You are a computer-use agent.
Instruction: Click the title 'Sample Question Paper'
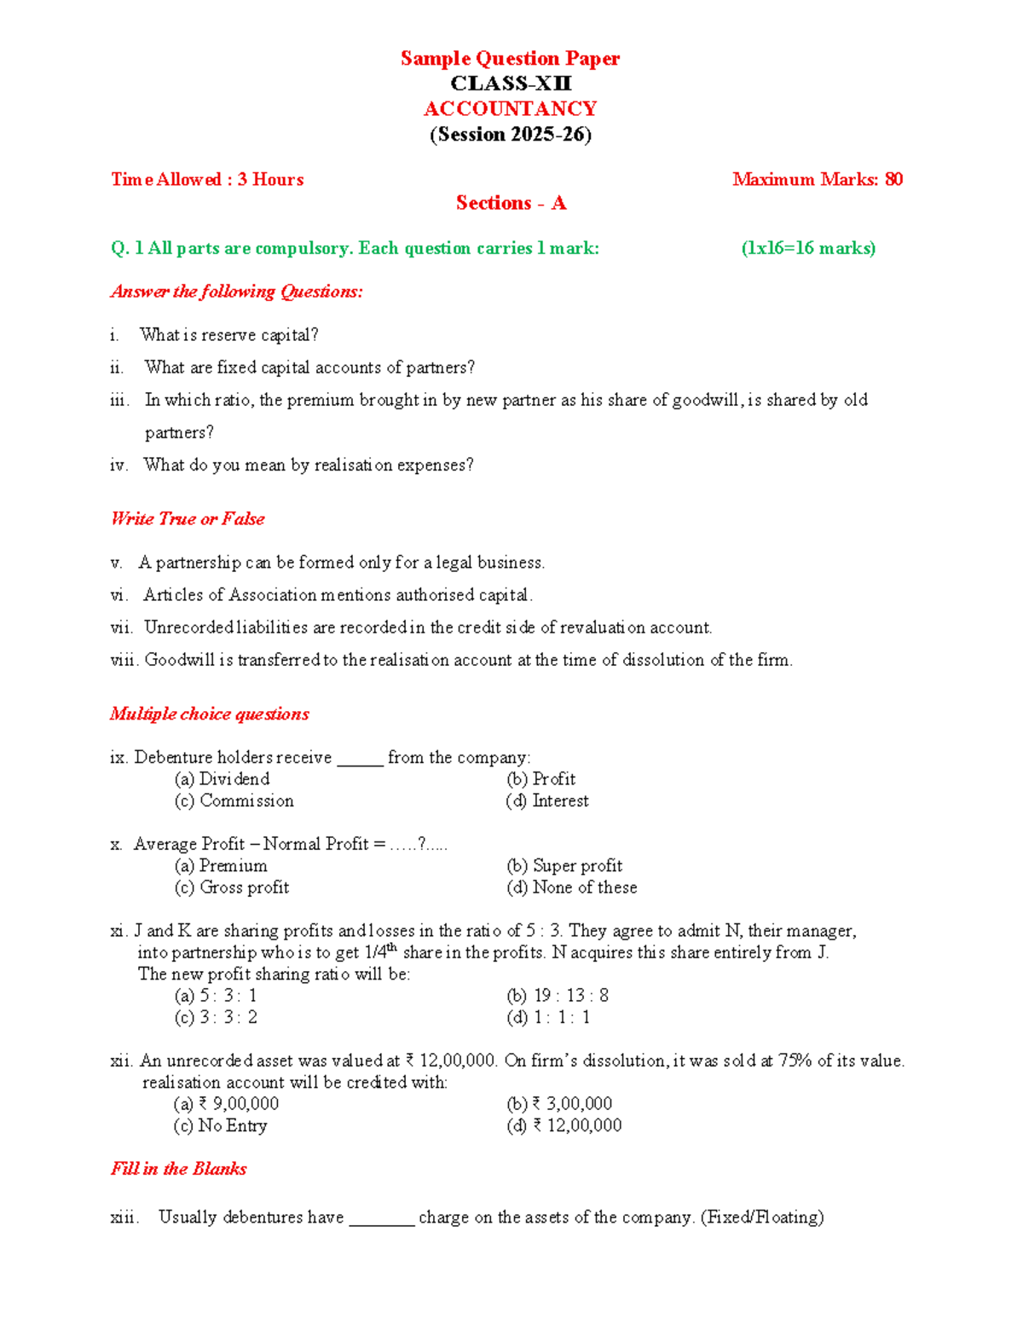point(510,58)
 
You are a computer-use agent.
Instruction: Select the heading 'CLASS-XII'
point(511,84)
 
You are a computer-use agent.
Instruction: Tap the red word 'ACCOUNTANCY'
point(511,109)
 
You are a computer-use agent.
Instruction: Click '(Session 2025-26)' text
point(511,135)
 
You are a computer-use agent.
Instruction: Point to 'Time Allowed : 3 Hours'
point(207,179)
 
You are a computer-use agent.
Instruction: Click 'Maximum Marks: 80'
point(817,179)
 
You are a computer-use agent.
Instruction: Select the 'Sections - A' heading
point(511,203)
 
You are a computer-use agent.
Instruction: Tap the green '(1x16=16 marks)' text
point(808,248)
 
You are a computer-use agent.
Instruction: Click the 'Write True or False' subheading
point(188,518)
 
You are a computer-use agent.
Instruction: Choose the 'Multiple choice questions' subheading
point(210,714)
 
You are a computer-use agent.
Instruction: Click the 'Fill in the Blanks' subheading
point(179,1168)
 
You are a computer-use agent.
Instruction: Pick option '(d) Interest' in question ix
point(547,801)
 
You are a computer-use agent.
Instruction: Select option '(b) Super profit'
point(564,865)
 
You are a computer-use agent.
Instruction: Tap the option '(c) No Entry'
point(220,1125)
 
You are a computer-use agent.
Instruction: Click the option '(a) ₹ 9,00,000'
point(226,1103)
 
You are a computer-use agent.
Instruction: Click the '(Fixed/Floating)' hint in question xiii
point(762,1217)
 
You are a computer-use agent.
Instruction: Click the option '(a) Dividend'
point(222,778)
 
